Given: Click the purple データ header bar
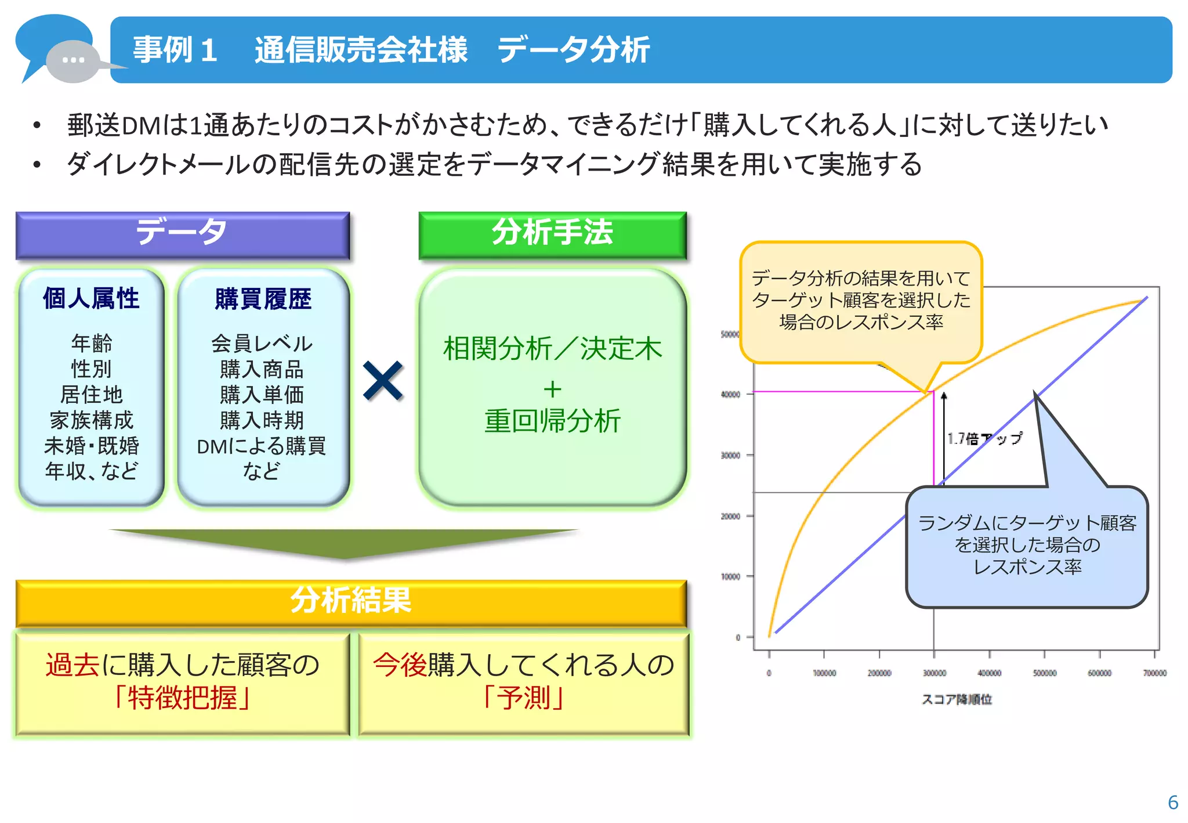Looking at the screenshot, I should (182, 234).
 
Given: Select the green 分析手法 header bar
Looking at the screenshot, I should (552, 234).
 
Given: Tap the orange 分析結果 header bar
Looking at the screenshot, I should (351, 602).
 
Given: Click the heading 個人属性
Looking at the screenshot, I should (91, 298).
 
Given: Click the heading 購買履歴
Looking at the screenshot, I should (263, 299).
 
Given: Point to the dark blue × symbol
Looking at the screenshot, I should (383, 381).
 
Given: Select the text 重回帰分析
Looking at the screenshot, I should (552, 421).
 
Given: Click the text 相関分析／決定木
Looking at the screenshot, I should (552, 349).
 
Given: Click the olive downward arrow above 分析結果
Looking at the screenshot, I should (343, 543).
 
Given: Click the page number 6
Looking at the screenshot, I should (1172, 802).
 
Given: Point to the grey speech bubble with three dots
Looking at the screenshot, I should (73, 60).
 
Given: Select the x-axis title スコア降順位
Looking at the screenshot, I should (957, 699).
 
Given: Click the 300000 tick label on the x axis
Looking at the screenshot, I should (934, 673).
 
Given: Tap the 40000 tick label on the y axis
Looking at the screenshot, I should (730, 395).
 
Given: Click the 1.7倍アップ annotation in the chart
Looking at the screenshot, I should (984, 439).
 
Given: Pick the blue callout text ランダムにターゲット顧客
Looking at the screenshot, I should (1027, 524).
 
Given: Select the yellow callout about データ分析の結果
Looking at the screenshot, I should (861, 300).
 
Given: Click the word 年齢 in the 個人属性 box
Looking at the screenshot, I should (91, 343).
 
